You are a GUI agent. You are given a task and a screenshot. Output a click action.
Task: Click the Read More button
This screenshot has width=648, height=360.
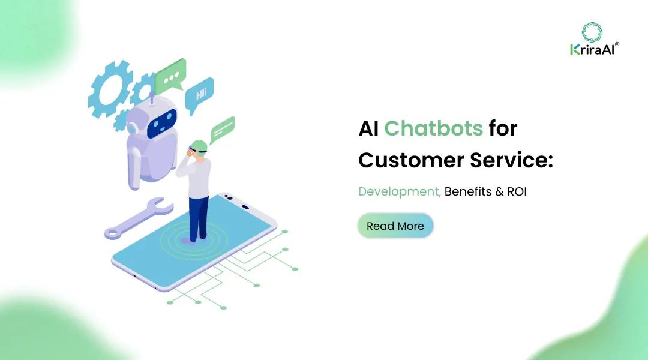(x=395, y=226)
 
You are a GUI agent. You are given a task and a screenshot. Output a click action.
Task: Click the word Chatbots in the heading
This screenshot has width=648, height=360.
(x=433, y=128)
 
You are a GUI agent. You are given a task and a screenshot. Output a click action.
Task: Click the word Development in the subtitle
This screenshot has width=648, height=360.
(x=398, y=192)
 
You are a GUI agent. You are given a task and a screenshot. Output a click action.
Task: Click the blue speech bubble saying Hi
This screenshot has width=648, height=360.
(x=199, y=94)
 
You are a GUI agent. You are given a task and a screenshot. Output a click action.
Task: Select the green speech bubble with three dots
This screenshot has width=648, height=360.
(x=171, y=77)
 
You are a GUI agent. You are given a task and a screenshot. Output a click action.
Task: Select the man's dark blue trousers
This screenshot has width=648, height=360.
(x=198, y=217)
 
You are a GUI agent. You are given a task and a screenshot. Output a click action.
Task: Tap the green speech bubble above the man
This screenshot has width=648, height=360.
(x=222, y=127)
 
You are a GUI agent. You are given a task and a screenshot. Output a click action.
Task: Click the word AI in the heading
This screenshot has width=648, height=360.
(x=368, y=128)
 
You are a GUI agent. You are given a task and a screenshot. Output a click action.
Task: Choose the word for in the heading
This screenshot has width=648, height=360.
(x=502, y=128)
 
